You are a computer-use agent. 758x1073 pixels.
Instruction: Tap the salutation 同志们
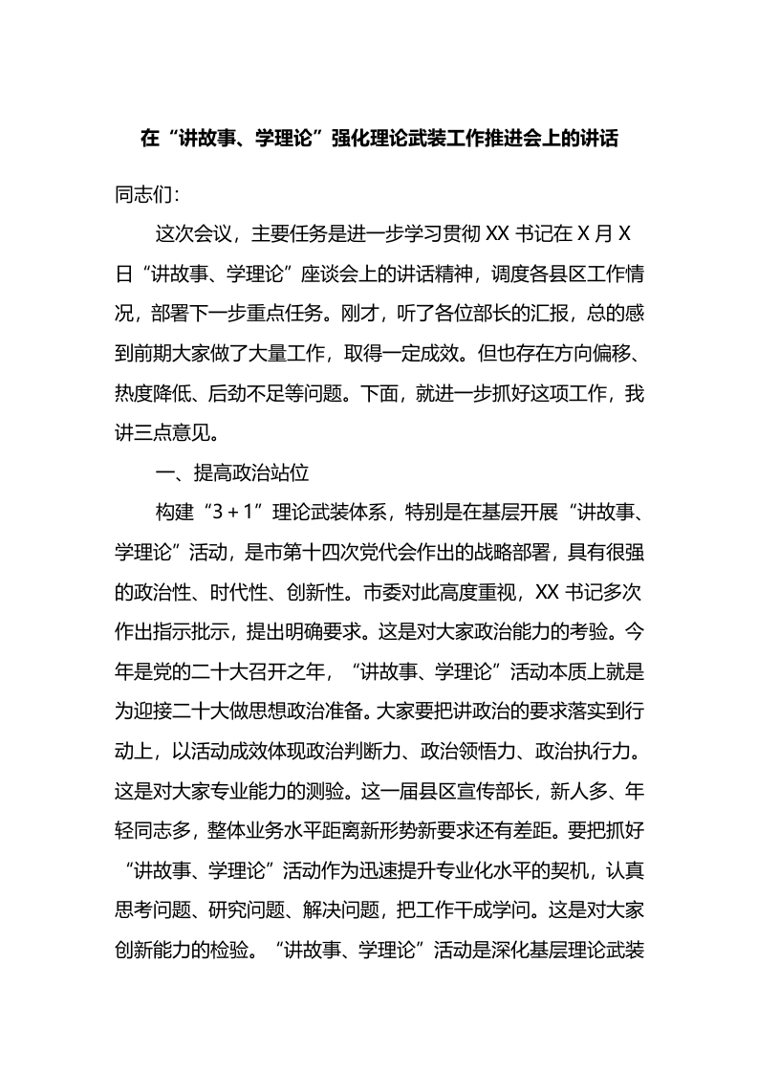[143, 195]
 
